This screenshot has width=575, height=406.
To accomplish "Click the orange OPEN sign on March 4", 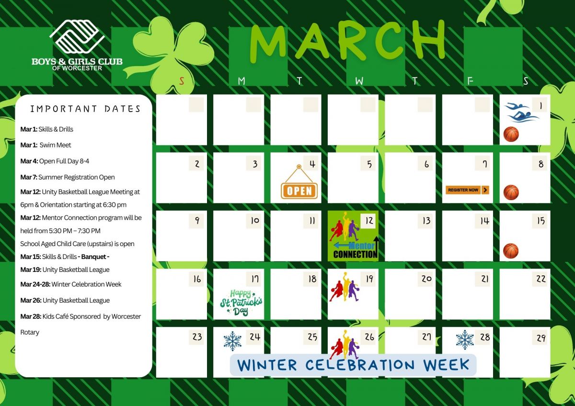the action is coord(299,182).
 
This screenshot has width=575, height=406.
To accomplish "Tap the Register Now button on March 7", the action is coord(467,190).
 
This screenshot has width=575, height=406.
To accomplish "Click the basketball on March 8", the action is coord(511,192).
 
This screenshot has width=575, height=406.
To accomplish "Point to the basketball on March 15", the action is coord(511,251).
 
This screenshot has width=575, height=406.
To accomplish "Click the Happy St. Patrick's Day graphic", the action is coord(241,303).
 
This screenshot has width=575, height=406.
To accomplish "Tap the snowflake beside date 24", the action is coord(232,341).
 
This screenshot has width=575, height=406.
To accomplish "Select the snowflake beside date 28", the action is coord(465,340).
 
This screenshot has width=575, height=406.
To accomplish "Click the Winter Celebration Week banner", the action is coord(353,365).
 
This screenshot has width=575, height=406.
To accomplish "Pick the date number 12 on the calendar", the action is coord(369,221).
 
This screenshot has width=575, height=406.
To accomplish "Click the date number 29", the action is coord(541,338).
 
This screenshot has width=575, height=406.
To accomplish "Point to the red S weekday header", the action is coord(182,81).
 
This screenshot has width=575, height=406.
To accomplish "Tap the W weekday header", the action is coord(359,81).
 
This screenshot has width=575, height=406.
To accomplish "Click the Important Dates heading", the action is coord(85,109).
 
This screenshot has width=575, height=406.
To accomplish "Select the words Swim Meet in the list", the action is coord(55,145).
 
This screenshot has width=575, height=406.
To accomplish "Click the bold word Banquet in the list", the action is coord(94,257).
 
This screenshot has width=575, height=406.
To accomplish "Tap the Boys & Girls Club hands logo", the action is coord(77,36).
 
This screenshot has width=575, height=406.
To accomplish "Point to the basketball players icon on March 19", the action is coord(344,287).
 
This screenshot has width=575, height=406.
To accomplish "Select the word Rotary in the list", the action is coord(30,332).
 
